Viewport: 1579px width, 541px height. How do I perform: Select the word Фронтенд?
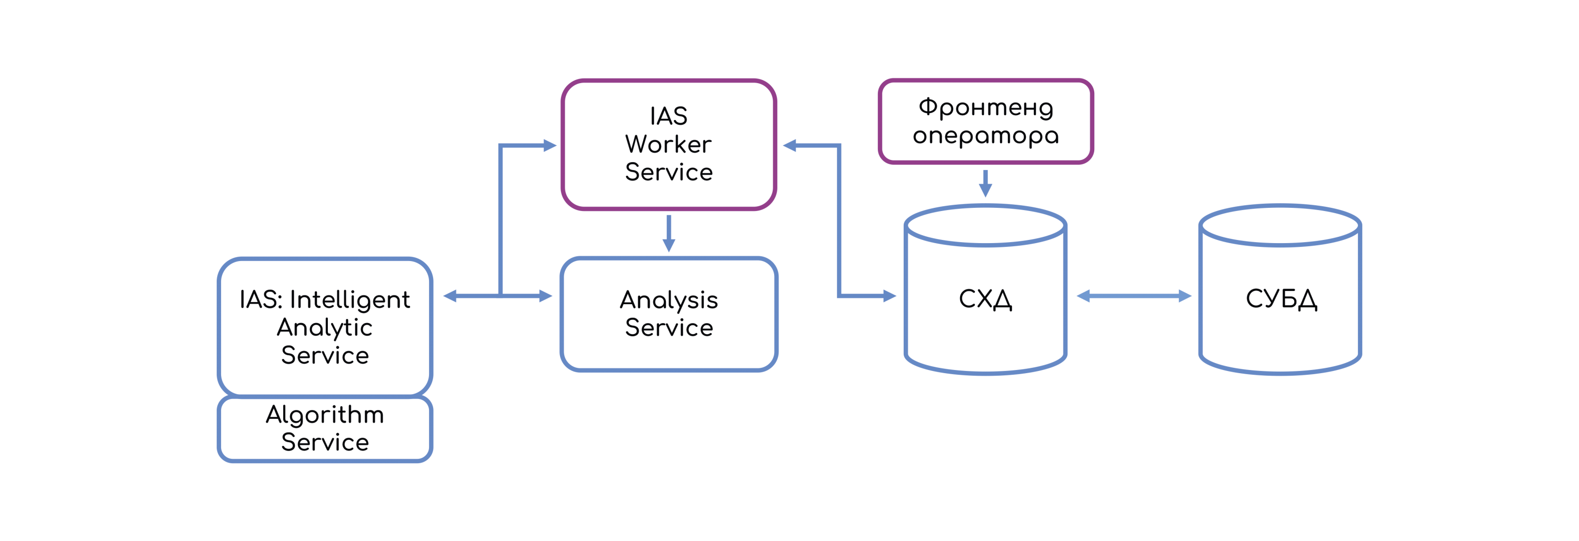(x=985, y=108)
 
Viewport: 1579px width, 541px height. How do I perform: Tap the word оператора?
(x=985, y=135)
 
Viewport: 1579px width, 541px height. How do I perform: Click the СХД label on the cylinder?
(x=985, y=299)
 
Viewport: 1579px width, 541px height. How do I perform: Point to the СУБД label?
(x=1281, y=299)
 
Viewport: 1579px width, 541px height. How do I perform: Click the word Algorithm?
(x=325, y=415)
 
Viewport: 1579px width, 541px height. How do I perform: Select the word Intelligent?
(x=349, y=299)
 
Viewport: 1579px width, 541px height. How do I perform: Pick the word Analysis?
(x=669, y=300)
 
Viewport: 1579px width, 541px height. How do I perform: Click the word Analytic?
(x=325, y=328)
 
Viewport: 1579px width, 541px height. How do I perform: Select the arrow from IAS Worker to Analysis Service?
(x=669, y=233)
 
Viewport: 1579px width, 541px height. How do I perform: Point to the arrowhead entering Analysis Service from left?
(x=545, y=296)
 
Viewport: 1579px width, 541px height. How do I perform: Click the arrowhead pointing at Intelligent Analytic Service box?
(x=451, y=296)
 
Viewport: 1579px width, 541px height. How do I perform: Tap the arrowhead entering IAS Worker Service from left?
(x=549, y=146)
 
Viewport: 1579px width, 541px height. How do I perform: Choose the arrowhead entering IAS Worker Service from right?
(x=790, y=146)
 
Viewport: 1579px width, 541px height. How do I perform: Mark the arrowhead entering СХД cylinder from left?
(x=889, y=296)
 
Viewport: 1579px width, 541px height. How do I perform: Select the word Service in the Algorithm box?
(x=325, y=443)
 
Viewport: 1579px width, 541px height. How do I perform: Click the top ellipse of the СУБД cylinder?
(x=1280, y=225)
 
